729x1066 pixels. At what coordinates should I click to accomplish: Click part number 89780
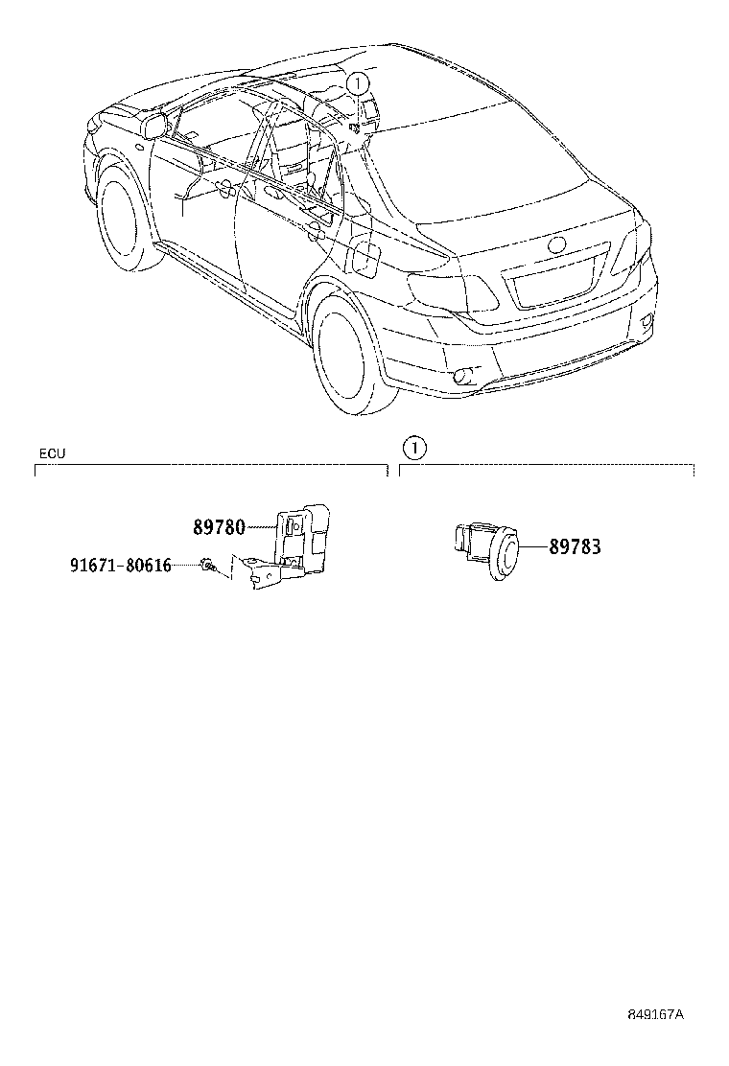[x=219, y=527]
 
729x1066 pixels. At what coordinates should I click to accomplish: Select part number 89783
[x=575, y=546]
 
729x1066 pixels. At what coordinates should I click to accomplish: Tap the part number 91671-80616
[x=120, y=565]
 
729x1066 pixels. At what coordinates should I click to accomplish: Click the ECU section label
[x=53, y=453]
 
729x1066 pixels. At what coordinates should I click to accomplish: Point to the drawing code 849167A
[x=655, y=1034]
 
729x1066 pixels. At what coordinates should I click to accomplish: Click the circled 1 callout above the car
[x=358, y=83]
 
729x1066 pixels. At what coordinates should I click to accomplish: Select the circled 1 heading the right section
[x=414, y=448]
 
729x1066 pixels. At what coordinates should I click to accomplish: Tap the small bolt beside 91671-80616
[x=206, y=565]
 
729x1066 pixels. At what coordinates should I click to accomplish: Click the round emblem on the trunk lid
[x=557, y=246]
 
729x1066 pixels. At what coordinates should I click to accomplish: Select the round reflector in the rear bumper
[x=464, y=375]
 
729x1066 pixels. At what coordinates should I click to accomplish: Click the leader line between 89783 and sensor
[x=534, y=546]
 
